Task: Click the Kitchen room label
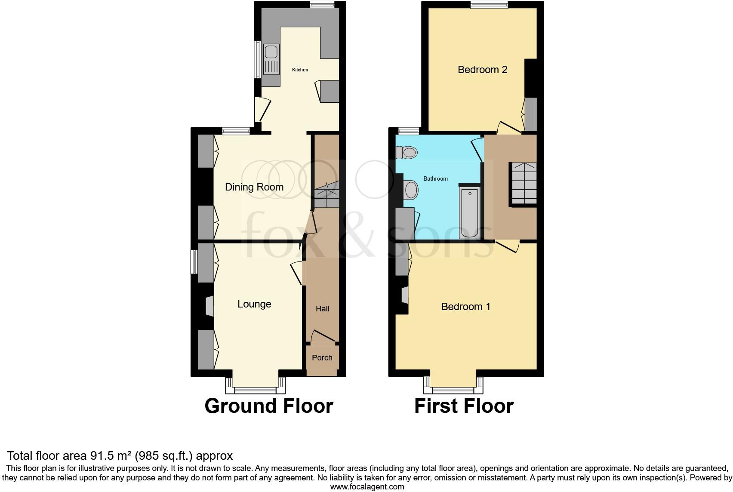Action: pos(300,70)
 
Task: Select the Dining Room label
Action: pos(254,187)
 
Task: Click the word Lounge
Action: pos(254,304)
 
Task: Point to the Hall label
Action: pos(322,309)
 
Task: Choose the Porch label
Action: pos(322,358)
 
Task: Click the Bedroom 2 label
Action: pos(482,70)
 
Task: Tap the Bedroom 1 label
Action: pos(465,307)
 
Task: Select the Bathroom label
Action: pos(435,178)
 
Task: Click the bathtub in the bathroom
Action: pos(470,212)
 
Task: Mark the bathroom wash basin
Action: pos(411,190)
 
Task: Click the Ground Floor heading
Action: pos(269,406)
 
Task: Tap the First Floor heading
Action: pos(464,406)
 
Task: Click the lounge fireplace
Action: pos(209,306)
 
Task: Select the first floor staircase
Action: pos(524,183)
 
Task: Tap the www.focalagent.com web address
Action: pos(367,487)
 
